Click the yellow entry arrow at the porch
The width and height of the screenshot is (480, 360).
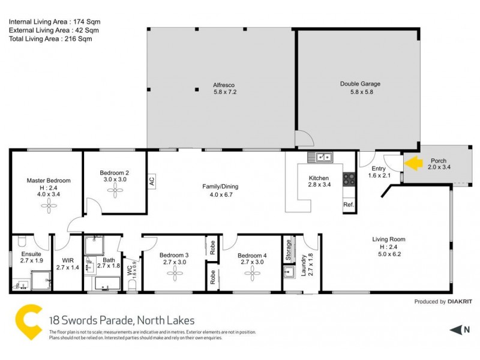(412, 162)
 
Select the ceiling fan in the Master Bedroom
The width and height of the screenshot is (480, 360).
(48, 206)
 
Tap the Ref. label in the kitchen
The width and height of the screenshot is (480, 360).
(349, 205)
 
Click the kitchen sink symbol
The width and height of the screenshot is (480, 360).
(320, 157)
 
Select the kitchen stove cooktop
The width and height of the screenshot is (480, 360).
(348, 178)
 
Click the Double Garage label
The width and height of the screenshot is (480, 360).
(360, 84)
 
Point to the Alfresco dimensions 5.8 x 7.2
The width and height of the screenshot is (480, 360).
(226, 92)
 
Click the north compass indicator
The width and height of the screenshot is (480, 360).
(460, 329)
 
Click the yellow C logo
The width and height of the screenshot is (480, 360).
(28, 323)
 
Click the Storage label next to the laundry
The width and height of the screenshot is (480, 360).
(289, 247)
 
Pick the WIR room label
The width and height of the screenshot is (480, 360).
(68, 260)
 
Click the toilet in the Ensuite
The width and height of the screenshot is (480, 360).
(19, 241)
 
